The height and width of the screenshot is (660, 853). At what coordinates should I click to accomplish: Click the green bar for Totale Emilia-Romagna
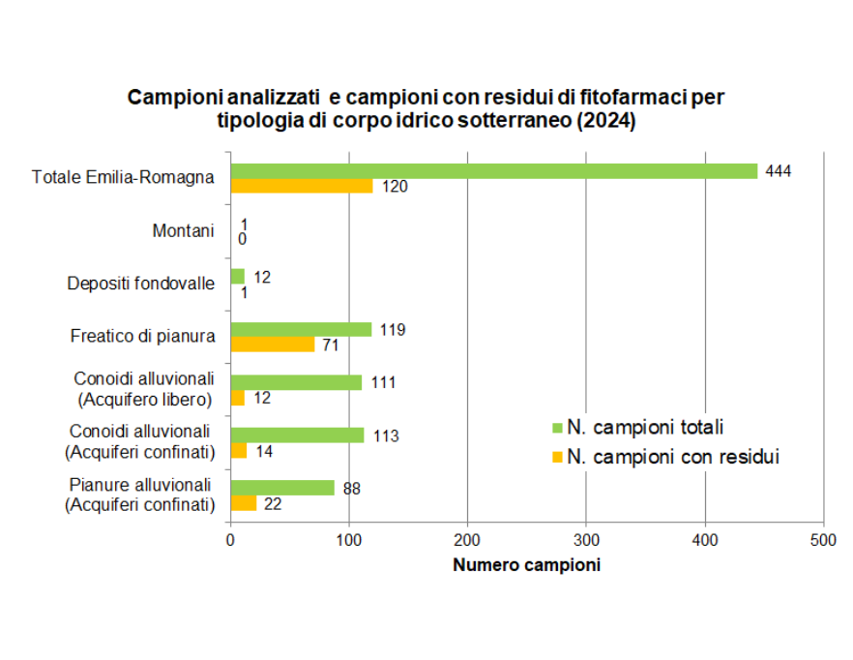point(493,171)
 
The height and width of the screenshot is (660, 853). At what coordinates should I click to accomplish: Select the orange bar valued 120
point(301,186)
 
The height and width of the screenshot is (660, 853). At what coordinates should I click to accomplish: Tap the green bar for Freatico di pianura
point(301,329)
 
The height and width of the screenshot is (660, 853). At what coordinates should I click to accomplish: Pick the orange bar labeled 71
point(273,345)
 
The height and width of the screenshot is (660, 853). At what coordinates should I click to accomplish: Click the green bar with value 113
point(297,435)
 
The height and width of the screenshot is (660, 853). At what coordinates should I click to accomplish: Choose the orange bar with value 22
point(243,502)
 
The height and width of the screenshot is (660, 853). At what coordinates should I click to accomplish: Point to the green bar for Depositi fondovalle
point(237,277)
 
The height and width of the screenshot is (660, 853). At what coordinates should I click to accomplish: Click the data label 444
point(778,171)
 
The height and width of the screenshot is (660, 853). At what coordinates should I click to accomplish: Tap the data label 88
point(351,489)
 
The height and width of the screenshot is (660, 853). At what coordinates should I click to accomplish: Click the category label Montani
point(183,230)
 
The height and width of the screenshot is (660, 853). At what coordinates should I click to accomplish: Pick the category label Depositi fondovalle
point(140,284)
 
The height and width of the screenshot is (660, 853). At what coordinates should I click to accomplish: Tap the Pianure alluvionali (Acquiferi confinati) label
point(139,495)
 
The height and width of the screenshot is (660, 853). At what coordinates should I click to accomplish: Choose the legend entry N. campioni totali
point(645,427)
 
